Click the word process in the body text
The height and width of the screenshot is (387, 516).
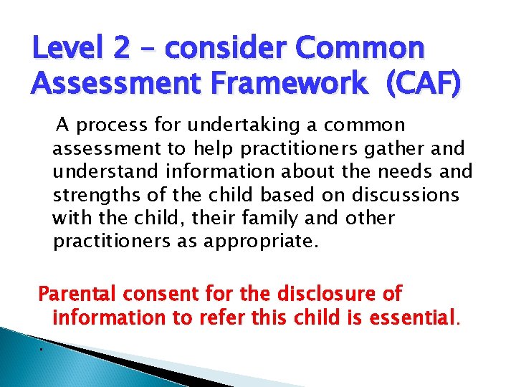pyautogui.click(x=112, y=126)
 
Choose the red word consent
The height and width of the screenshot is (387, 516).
pyautogui.click(x=162, y=293)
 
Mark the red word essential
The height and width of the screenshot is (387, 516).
pyautogui.click(x=411, y=316)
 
